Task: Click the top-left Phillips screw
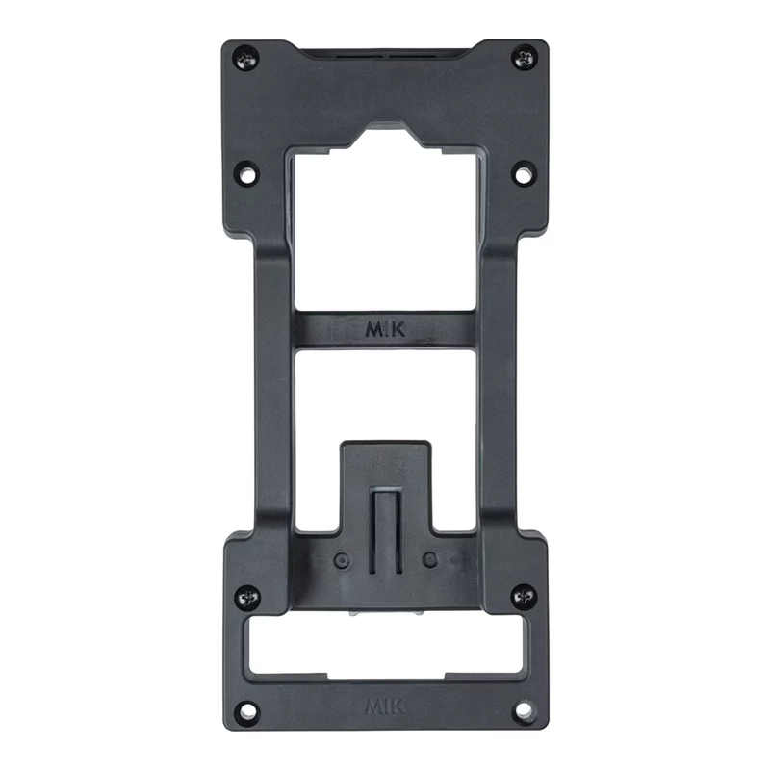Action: click(246, 59)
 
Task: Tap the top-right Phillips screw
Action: click(525, 58)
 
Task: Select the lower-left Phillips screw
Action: click(247, 597)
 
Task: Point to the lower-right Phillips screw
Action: click(524, 596)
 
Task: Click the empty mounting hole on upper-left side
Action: click(247, 173)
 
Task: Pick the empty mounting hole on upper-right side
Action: click(524, 173)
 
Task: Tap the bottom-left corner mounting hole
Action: click(247, 710)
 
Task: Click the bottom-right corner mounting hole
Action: click(524, 709)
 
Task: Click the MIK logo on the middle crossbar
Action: click(386, 329)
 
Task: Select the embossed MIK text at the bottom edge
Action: click(386, 706)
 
